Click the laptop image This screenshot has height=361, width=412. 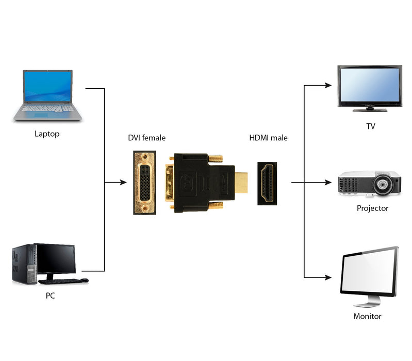point(47,95)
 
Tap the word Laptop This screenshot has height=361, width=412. point(47,134)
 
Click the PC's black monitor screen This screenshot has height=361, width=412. point(56,259)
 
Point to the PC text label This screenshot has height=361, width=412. point(50,296)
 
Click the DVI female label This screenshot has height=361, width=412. point(147,138)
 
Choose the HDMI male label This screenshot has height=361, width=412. point(268,138)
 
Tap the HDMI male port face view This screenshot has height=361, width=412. point(267,183)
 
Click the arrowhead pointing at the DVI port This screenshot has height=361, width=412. point(123,182)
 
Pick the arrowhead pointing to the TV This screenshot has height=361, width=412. point(328,86)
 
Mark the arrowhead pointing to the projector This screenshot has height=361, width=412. point(328,182)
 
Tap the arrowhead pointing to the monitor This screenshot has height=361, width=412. point(328,277)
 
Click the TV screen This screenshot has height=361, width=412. point(369,86)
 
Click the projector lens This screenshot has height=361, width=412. point(382,183)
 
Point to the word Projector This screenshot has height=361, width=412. point(372,208)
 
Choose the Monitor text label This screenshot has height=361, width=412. point(367,316)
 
